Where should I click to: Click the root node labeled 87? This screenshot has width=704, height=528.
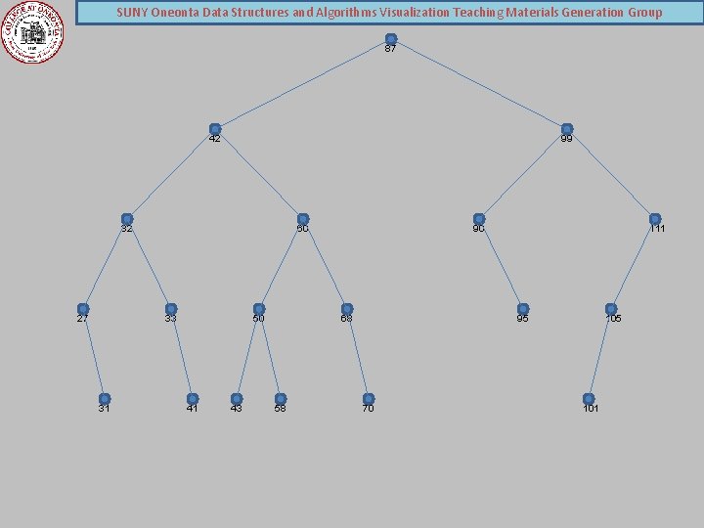(x=391, y=39)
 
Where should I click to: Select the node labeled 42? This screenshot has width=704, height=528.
(x=215, y=129)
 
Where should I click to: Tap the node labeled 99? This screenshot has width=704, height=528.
(x=567, y=129)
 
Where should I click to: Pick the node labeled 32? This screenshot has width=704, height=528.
(x=127, y=219)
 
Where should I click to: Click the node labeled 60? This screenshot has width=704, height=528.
(x=303, y=219)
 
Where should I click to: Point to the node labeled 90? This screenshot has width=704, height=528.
(x=479, y=219)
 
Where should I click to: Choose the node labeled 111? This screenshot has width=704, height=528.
(x=655, y=219)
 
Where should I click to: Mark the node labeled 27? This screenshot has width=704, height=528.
(x=83, y=309)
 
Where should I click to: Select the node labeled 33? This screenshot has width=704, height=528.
(x=171, y=309)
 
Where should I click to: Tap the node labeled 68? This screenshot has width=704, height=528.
(x=347, y=309)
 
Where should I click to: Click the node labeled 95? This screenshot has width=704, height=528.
(x=523, y=309)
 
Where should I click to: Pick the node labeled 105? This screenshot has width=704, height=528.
(x=611, y=309)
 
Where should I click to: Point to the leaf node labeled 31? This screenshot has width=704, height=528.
(x=105, y=399)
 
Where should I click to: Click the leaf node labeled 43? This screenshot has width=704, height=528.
(x=237, y=399)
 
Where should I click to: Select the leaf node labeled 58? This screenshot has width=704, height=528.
(x=281, y=399)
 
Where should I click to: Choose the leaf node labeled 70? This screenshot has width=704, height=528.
(x=369, y=399)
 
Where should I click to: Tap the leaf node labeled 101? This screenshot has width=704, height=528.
(x=589, y=399)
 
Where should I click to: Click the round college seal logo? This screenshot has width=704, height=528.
(x=34, y=31)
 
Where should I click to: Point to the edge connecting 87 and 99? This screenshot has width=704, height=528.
(x=479, y=84)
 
